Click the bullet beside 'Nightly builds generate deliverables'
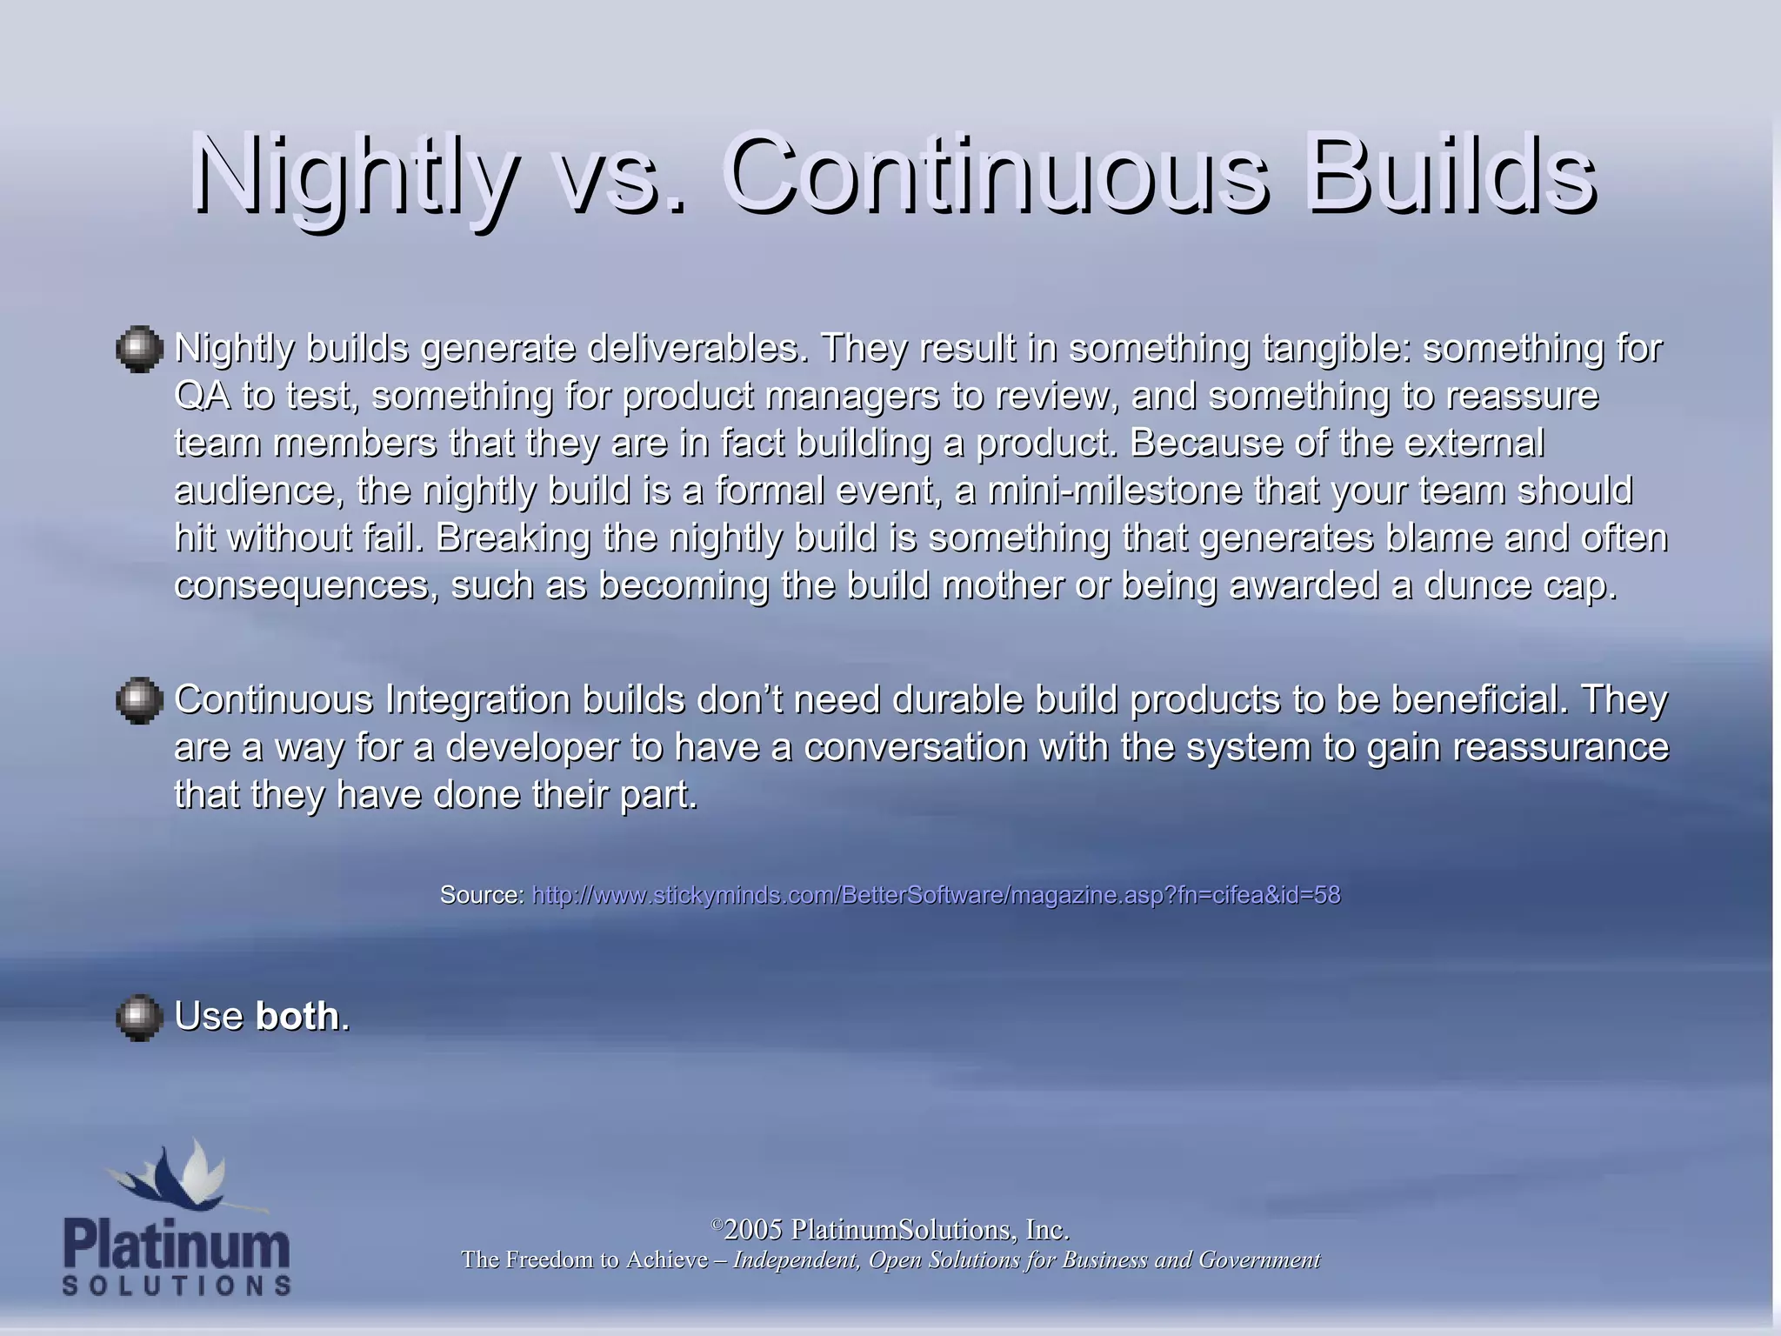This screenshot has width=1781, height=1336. tap(139, 350)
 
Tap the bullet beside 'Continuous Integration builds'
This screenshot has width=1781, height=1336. tap(139, 700)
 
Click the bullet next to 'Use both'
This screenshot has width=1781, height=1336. tap(139, 1018)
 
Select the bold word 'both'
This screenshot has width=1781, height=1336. tap(297, 1016)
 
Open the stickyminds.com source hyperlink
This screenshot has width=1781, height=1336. tap(936, 895)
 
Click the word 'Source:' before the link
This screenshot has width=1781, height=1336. tap(482, 895)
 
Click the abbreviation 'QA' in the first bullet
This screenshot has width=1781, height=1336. tap(202, 396)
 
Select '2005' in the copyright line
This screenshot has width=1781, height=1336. tap(753, 1230)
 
